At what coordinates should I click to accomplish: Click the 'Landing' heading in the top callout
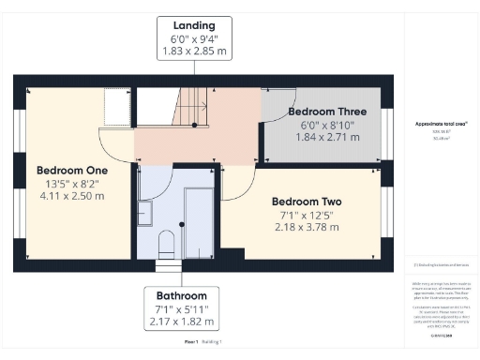(194, 24)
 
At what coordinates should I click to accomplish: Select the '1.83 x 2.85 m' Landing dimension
(194, 53)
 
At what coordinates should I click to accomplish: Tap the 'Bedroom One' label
(72, 171)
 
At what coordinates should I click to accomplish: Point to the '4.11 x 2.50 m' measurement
(72, 197)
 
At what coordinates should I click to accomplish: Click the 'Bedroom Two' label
(307, 202)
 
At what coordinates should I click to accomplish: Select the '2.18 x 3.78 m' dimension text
(307, 229)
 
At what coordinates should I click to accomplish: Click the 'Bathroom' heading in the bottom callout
(182, 293)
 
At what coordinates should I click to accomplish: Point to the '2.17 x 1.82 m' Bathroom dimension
(182, 322)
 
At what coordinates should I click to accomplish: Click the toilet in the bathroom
(167, 245)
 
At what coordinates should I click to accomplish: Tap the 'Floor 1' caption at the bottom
(190, 342)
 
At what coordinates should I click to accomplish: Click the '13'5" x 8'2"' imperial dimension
(72, 184)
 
